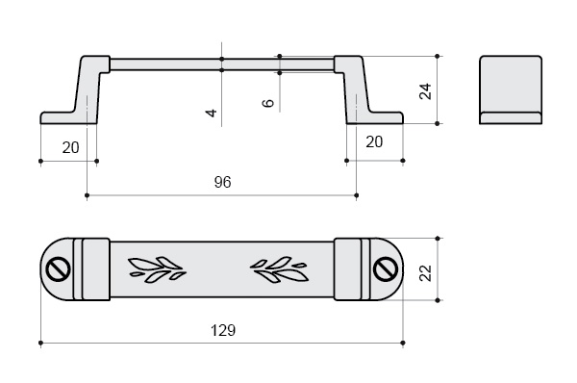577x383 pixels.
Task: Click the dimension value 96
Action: pyautogui.click(x=223, y=182)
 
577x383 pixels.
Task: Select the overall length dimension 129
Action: pyautogui.click(x=223, y=330)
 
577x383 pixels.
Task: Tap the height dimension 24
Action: pyautogui.click(x=425, y=91)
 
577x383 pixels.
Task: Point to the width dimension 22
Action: pyautogui.click(x=425, y=273)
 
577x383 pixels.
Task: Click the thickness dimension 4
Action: pyautogui.click(x=212, y=113)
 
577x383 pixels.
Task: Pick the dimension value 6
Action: pyautogui.click(x=268, y=103)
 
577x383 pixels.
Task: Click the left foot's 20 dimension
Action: pyautogui.click(x=70, y=147)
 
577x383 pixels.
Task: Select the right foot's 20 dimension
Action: pyautogui.click(x=374, y=141)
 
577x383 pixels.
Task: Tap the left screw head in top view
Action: pyautogui.click(x=58, y=269)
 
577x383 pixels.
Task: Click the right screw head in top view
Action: pyautogui.click(x=386, y=269)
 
